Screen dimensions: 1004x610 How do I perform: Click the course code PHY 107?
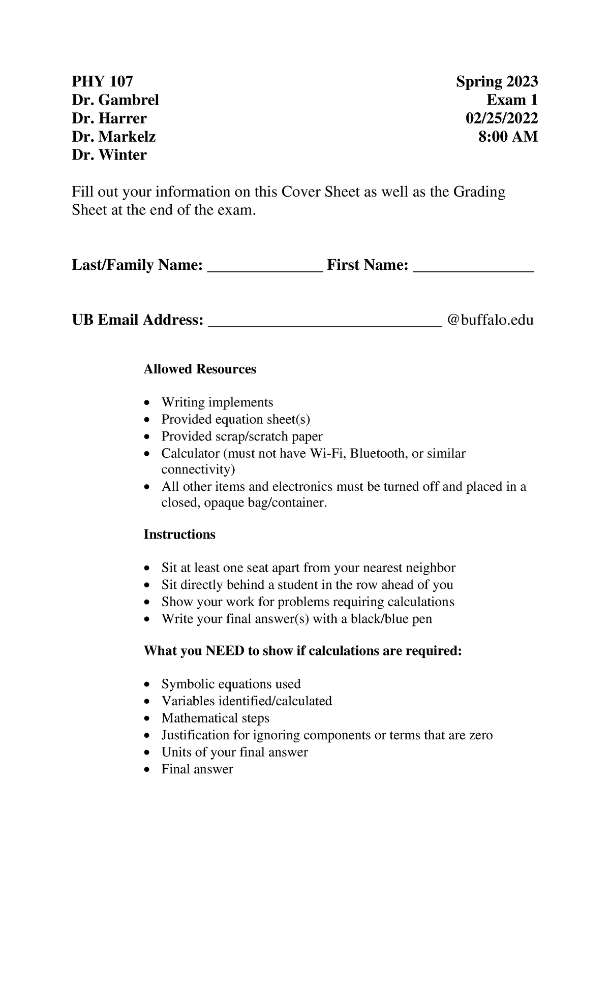102,81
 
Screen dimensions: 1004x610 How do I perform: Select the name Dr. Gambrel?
115,100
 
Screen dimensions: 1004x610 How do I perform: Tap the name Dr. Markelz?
113,137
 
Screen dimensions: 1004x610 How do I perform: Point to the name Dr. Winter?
109,155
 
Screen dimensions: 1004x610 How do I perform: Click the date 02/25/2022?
502,118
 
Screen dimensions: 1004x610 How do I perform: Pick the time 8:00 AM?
508,137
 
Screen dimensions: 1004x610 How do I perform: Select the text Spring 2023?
497,81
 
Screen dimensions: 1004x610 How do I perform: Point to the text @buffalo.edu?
490,320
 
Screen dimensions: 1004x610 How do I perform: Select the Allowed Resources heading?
200,369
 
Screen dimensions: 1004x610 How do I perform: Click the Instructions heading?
179,535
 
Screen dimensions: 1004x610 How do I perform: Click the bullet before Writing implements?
147,403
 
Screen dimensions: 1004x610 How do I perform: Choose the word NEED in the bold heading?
225,651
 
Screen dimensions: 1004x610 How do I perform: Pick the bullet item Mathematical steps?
216,718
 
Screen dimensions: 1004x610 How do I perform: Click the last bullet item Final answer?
197,769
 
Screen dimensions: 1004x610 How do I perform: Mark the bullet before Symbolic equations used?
147,685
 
